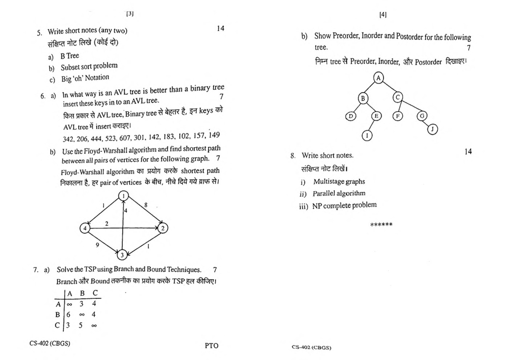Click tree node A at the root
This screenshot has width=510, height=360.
(x=378, y=78)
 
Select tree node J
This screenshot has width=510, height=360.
(x=432, y=129)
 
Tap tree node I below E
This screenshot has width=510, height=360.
(x=367, y=135)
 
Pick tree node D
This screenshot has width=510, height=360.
(x=351, y=116)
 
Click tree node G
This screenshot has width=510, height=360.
(x=422, y=116)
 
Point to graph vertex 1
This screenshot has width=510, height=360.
(x=124, y=196)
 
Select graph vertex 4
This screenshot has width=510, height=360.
(x=85, y=228)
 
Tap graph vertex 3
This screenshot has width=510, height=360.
(x=122, y=255)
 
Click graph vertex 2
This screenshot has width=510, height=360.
(x=163, y=228)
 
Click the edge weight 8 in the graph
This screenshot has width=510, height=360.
(x=146, y=205)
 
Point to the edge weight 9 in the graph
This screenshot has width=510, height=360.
(x=97, y=245)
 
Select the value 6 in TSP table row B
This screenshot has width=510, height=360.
(x=68, y=315)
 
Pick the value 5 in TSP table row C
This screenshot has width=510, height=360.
(x=81, y=325)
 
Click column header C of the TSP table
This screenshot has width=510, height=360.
(x=95, y=293)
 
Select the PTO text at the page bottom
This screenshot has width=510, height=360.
(x=211, y=345)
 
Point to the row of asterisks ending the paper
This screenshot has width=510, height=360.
(x=381, y=225)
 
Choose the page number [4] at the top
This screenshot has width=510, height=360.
(x=383, y=15)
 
